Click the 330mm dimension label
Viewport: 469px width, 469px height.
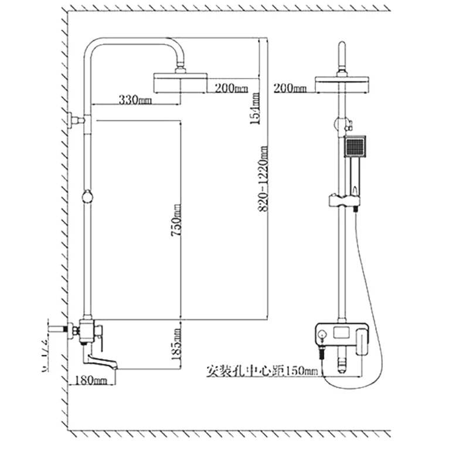click(x=135, y=100)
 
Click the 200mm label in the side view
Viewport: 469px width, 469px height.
click(x=232, y=89)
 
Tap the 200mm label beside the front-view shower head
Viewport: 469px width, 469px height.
click(x=291, y=89)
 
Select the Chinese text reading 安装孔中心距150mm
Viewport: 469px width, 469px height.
click(x=262, y=371)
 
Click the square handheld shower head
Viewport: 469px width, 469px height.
click(x=355, y=147)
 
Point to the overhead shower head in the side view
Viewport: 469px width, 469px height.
click(x=179, y=83)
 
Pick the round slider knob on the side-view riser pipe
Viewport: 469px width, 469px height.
click(x=87, y=196)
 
